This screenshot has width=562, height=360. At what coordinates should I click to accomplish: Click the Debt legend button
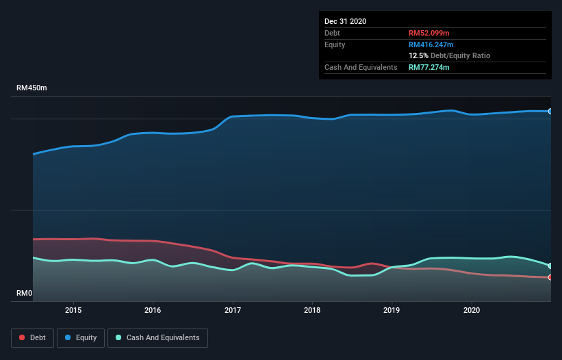tap(31, 337)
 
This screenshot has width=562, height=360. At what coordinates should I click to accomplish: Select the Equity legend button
tap(80, 337)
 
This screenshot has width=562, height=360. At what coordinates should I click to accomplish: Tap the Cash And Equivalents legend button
tap(157, 337)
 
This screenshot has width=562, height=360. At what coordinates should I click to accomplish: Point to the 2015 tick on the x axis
tap(73, 310)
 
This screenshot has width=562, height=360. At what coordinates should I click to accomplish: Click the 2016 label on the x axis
tap(153, 310)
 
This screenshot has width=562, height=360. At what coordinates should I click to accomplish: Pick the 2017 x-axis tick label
tap(233, 310)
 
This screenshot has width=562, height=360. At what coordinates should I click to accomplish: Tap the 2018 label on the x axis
tap(312, 310)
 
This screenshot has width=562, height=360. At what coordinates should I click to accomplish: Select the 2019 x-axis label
tap(392, 310)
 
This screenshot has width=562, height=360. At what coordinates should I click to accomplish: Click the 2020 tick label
tap(472, 310)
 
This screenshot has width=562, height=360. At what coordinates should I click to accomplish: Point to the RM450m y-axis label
tap(31, 88)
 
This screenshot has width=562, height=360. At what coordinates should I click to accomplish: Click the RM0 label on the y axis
tap(25, 294)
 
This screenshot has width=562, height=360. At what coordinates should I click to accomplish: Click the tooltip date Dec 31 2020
tap(345, 21)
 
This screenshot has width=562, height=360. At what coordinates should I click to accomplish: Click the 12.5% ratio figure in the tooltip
tap(418, 55)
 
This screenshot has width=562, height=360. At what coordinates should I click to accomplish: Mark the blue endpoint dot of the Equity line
tap(550, 111)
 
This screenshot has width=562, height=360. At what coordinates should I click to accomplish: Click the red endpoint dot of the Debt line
tap(550, 277)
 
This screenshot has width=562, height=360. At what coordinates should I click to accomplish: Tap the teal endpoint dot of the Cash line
tap(550, 266)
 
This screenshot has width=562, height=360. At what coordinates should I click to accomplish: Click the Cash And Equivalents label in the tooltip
tap(361, 67)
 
